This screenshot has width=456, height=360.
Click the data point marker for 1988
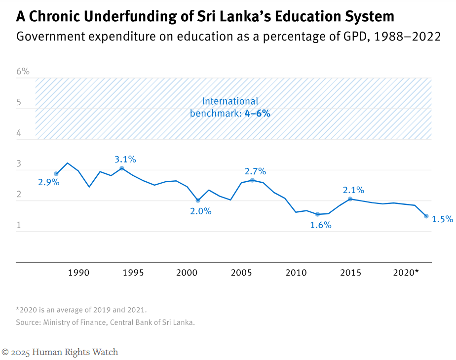(x=56, y=174)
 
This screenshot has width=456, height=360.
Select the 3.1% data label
(x=125, y=160)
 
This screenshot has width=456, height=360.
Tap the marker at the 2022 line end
(x=426, y=216)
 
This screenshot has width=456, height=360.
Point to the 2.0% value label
(x=200, y=211)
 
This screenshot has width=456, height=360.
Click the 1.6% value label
(x=320, y=225)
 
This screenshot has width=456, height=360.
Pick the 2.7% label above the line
(x=255, y=172)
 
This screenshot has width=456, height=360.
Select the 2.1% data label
(x=353, y=190)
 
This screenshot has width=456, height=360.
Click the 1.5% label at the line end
(x=442, y=219)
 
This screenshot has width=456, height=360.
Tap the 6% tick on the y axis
(x=23, y=72)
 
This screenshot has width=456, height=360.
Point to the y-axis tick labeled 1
(x=19, y=225)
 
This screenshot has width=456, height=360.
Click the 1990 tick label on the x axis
(x=78, y=273)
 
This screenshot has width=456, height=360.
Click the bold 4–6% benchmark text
(x=257, y=113)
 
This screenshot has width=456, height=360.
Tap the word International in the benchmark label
(x=230, y=101)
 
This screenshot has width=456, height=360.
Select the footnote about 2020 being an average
(x=81, y=310)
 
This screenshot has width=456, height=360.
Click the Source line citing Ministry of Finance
(x=105, y=322)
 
